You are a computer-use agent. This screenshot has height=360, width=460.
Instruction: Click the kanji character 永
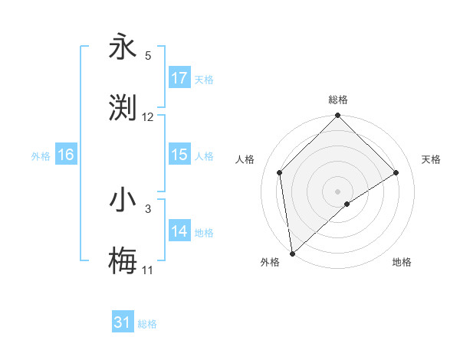(x=123, y=47)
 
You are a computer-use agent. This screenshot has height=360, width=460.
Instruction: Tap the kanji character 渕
(x=123, y=108)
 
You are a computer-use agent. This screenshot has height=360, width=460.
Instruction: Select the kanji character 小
(x=123, y=200)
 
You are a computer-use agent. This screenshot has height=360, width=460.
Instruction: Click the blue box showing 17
(x=179, y=78)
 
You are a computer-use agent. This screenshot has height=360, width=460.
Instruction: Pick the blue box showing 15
(x=179, y=155)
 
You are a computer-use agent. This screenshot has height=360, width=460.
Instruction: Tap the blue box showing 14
(x=179, y=231)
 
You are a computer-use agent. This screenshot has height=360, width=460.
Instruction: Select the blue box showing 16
(x=65, y=155)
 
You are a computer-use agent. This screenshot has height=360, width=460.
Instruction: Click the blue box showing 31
(x=123, y=322)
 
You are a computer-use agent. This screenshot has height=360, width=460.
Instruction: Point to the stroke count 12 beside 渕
(x=148, y=117)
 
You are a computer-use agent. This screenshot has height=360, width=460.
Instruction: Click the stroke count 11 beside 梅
(x=148, y=270)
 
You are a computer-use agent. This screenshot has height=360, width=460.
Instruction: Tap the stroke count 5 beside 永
(x=148, y=56)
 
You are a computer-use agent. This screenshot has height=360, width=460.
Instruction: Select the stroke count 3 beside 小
(x=148, y=208)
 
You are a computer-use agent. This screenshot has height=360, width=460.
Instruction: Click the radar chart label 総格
(x=337, y=100)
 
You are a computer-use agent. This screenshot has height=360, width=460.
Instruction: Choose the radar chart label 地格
(x=402, y=263)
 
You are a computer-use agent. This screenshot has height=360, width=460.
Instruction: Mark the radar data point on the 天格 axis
(x=396, y=172)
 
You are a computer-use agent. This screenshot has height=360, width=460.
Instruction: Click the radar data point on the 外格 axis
(x=292, y=254)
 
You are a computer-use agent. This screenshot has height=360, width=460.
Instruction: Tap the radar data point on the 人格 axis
(x=280, y=172)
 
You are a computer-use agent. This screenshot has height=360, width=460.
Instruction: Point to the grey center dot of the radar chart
(x=337, y=191)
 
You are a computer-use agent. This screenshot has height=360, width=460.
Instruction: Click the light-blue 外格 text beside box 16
(x=41, y=155)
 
